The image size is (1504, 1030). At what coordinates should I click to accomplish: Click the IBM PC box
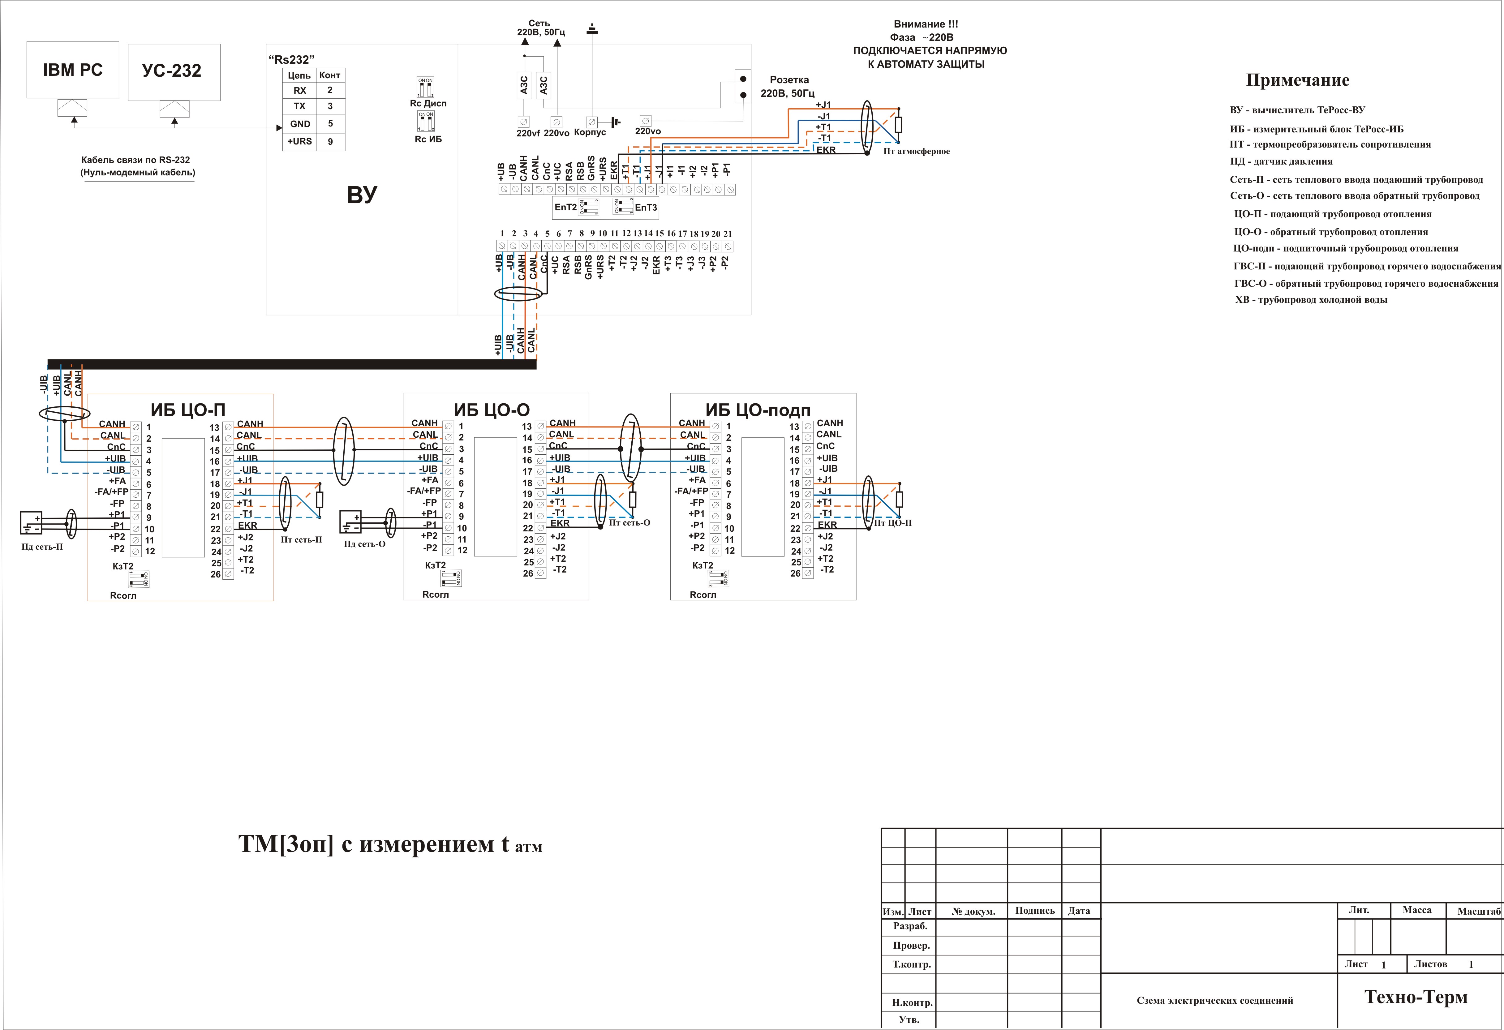click(x=72, y=70)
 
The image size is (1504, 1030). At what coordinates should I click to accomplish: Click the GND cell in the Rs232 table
click(x=300, y=124)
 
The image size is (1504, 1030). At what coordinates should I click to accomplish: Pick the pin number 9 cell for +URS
click(x=330, y=141)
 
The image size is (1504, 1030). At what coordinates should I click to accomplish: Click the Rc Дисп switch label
click(x=428, y=104)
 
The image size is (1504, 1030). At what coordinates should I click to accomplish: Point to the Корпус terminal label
click(x=590, y=133)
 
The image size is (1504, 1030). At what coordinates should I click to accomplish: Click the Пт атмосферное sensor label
click(x=916, y=151)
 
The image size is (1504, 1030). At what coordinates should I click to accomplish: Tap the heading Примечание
click(x=1298, y=80)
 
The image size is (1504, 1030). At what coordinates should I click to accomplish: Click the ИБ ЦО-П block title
click(x=188, y=410)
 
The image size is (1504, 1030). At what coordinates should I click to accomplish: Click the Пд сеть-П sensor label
click(x=42, y=547)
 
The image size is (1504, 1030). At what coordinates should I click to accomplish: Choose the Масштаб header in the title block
click(x=1478, y=911)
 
